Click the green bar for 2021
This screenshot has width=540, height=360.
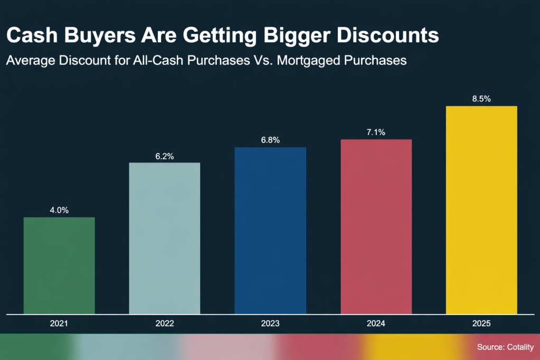59,265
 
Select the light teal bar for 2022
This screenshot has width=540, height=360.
165,238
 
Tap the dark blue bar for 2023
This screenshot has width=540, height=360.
270,230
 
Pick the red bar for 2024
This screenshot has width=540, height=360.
376,226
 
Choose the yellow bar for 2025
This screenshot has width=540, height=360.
481,210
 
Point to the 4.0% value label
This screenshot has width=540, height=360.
59,210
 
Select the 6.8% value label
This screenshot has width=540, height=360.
270,140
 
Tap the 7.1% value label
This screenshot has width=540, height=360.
376,132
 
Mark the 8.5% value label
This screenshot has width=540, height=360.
481,99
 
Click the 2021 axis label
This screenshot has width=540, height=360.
59,323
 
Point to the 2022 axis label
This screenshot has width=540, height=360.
165,323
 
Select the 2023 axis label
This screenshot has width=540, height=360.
270,323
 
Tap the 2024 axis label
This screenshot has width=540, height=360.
376,323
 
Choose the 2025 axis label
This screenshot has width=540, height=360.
481,323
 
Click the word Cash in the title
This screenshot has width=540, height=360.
30,35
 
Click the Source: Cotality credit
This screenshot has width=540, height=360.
505,347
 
